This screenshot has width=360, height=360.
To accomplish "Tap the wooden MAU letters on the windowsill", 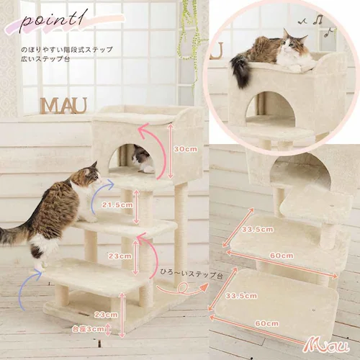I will tap(63, 105).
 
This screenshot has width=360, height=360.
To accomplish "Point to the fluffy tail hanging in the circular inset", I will tap(240, 71).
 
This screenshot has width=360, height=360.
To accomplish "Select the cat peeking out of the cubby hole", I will tap(143, 159).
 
